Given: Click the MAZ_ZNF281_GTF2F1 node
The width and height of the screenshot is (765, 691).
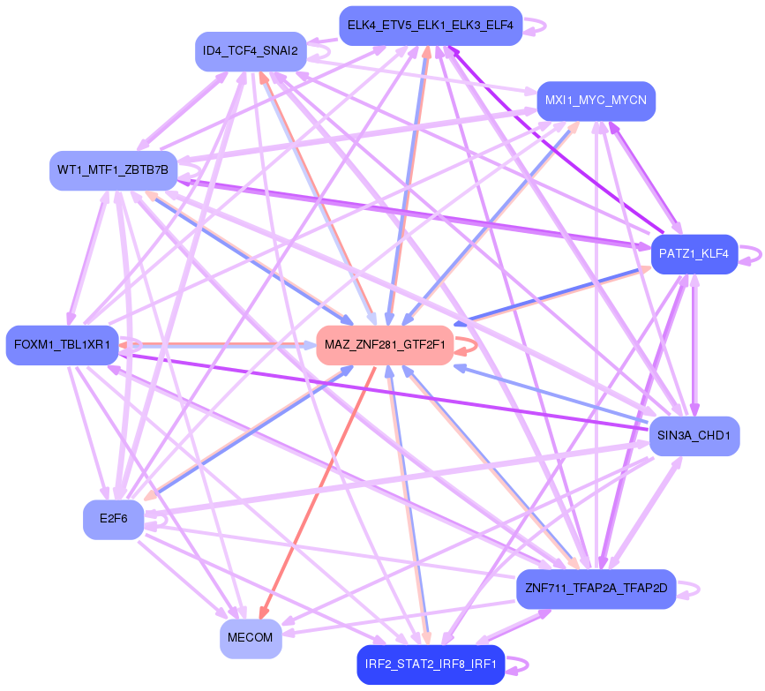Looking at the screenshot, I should coord(385,344).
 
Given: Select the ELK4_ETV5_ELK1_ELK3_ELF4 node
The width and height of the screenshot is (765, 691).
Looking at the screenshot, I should coord(431,26).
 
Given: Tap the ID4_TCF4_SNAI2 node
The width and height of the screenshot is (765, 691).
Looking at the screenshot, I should coord(251,51).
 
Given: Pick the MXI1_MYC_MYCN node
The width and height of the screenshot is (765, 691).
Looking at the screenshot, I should coord(596,101).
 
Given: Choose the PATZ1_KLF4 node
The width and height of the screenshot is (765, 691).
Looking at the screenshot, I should coord(693,254).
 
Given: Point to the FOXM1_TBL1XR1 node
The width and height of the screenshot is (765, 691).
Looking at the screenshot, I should coord(62,344).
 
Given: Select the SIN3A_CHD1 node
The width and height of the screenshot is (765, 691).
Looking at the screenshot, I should coord(694,435).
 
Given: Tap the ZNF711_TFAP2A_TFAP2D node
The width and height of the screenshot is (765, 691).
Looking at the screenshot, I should coord(596,588).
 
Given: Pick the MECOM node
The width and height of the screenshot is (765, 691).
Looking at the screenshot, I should coord(251,637).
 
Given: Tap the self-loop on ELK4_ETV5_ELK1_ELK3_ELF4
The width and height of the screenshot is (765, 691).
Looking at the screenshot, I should coord(537,26).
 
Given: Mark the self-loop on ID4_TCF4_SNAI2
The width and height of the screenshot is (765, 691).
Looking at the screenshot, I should coord(319,52).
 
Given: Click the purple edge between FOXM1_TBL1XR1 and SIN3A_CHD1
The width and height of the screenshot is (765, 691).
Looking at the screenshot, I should coord(379,388).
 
